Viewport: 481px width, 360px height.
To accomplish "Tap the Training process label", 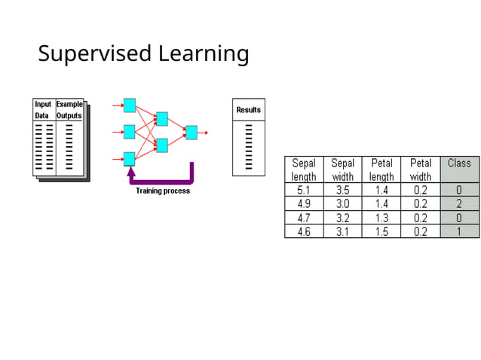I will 163,191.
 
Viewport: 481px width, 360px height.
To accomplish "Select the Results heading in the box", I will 248,110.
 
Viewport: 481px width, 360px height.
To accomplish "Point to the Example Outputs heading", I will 69,110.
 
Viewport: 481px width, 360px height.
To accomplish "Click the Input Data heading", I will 44,110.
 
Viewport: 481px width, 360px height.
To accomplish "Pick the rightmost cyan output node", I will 191,133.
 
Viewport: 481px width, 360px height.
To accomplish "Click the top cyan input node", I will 130,105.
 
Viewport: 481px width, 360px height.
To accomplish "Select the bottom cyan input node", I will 130,158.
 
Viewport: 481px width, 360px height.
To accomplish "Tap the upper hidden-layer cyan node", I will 161,119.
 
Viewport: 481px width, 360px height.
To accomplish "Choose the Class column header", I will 459,169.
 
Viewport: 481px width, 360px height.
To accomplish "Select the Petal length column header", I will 381,169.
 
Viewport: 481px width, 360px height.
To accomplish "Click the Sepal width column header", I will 342,169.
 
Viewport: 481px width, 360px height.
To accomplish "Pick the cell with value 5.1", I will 304,191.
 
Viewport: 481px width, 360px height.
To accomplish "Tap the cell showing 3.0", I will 342,204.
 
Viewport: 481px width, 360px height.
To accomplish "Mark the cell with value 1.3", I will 381,218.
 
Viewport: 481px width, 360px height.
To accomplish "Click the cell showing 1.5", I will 381,232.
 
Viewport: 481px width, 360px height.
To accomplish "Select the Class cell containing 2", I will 459,204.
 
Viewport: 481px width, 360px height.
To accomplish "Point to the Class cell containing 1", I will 459,232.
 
